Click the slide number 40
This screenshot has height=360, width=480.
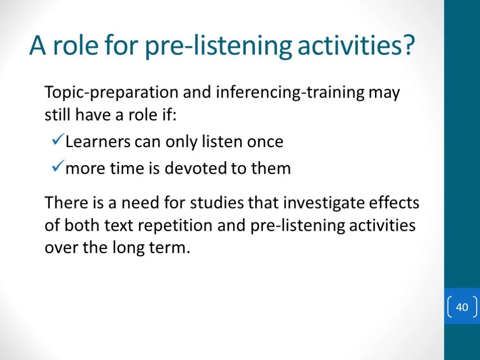(462, 307)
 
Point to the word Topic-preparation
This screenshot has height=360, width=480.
(112, 93)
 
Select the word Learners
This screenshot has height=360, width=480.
(98, 142)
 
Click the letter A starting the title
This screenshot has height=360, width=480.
(38, 45)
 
